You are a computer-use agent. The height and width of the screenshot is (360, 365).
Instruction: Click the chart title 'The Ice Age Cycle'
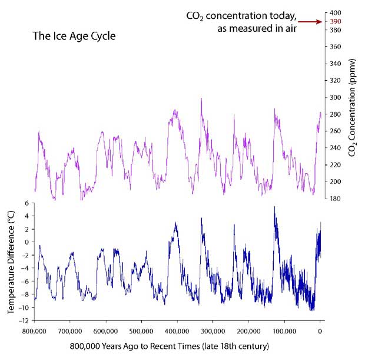[74, 36]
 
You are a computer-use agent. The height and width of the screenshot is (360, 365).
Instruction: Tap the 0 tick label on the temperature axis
[26, 242]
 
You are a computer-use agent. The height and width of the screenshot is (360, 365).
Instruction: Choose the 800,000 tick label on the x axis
[34, 330]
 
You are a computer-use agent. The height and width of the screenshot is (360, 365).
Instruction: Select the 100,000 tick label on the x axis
[284, 330]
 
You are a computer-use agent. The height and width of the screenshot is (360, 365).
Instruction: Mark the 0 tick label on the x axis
[320, 330]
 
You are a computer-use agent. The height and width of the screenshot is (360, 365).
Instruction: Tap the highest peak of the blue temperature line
[274, 207]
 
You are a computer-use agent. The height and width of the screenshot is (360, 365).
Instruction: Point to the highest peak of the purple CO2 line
[201, 98]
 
